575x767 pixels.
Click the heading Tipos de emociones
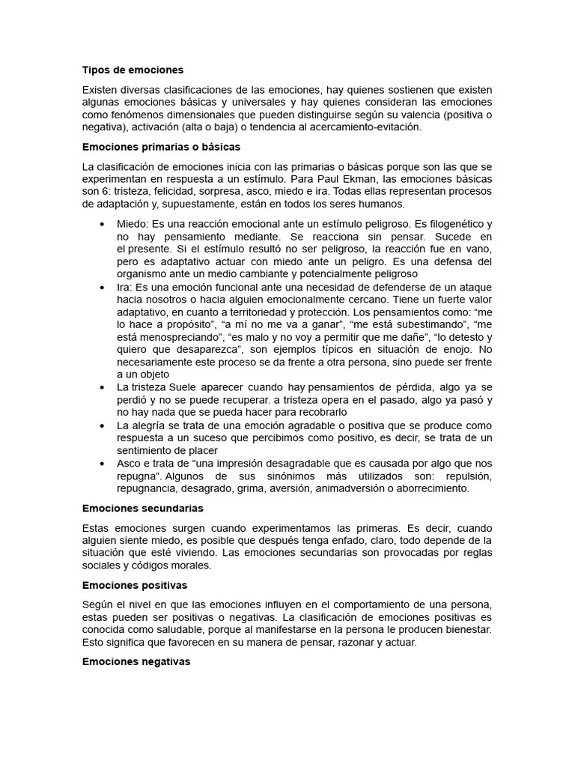point(133,70)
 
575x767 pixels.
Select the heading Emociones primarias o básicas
point(161,147)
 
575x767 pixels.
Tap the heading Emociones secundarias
point(142,508)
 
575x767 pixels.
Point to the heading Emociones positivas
point(135,584)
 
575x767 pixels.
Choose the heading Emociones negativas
point(136,661)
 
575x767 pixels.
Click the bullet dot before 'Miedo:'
point(102,224)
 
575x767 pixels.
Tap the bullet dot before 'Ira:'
point(102,286)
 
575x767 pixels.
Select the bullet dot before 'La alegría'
point(102,425)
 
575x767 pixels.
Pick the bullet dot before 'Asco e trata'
point(102,464)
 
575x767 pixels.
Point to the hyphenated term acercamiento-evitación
point(359,127)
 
